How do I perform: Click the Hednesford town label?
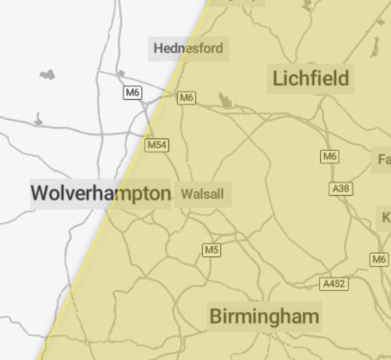pos(188,48)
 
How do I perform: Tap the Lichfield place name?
pos(311,79)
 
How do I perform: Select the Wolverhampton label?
pos(101,193)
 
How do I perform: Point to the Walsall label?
pos(202,194)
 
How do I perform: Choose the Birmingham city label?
pos(264,316)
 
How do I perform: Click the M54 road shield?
pos(157,145)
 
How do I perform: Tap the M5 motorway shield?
pos(211,250)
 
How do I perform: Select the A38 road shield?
pos(341,188)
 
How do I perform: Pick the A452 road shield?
pos(334,284)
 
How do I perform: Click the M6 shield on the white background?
pos(133,93)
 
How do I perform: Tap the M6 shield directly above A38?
pos(329,157)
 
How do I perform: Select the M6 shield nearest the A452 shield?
pos(379,259)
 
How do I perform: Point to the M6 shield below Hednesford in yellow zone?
pos(186,98)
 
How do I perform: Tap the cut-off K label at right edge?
pos(386,217)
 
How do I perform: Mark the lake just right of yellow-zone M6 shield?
pos(225,100)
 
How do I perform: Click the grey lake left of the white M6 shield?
pos(47,75)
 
